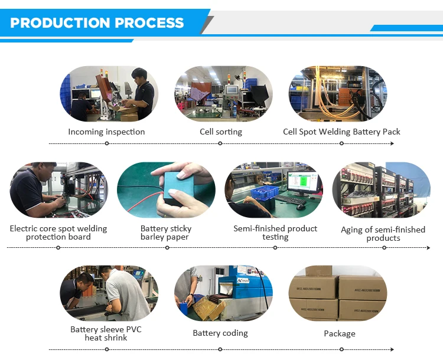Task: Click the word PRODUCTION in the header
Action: tap(61, 23)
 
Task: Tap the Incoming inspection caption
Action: tap(106, 132)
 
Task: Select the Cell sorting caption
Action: tap(221, 132)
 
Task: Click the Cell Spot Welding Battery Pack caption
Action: tap(341, 132)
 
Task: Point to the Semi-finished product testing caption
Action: tap(275, 233)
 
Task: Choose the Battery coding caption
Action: tap(220, 333)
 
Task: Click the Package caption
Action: tap(340, 333)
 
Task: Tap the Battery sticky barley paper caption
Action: tap(166, 233)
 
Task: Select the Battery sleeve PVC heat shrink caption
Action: tap(106, 333)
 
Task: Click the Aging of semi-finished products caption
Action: tap(383, 234)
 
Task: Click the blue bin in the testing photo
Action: tap(264, 193)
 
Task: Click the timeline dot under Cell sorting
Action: tap(221, 143)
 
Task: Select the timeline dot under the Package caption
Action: tap(340, 349)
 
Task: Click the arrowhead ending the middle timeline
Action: tap(428, 248)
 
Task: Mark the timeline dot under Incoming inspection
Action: tap(106, 143)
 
